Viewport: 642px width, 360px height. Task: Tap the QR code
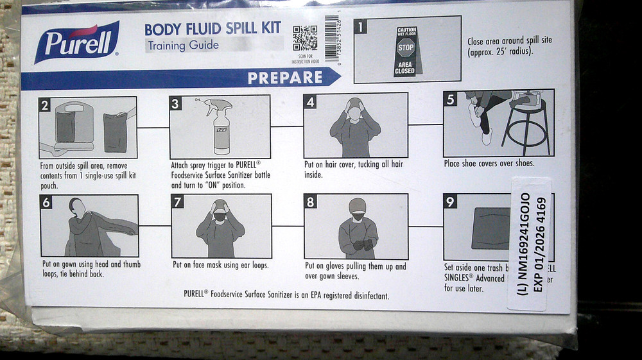click(x=305, y=38)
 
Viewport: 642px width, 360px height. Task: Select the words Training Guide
click(x=183, y=46)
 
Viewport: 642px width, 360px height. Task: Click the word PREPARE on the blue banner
click(x=285, y=78)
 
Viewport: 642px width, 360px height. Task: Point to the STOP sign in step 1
click(x=406, y=47)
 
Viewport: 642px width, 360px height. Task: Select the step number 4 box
click(x=310, y=101)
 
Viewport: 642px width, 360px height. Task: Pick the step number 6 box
click(x=46, y=202)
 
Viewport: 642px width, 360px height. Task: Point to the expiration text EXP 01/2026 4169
click(x=538, y=245)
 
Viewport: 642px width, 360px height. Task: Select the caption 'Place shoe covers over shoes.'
click(x=489, y=164)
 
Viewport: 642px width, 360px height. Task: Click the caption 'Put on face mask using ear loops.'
click(x=220, y=264)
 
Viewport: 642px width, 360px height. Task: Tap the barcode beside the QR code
click(x=331, y=38)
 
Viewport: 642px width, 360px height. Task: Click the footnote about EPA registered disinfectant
click(x=286, y=295)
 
